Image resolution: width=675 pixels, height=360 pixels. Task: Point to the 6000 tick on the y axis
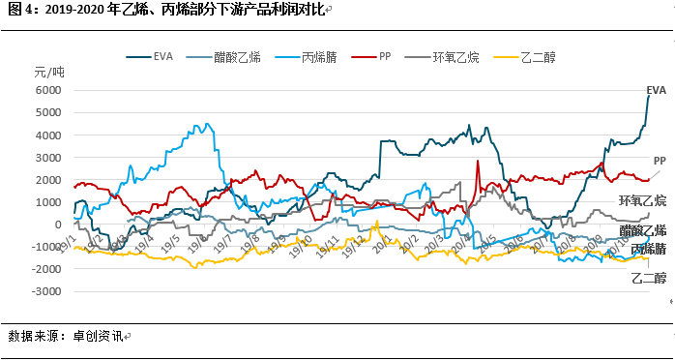(x=48, y=90)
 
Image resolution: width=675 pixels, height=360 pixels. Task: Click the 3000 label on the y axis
(x=48, y=157)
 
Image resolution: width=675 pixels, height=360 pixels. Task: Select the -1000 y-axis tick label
(x=45, y=247)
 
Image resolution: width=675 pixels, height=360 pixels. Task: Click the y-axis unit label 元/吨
(x=49, y=73)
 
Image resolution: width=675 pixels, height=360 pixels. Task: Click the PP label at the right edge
(x=660, y=160)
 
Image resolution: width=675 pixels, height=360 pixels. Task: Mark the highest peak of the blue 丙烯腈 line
(x=206, y=124)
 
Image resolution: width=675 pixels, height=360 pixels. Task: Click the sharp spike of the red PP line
(x=478, y=162)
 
